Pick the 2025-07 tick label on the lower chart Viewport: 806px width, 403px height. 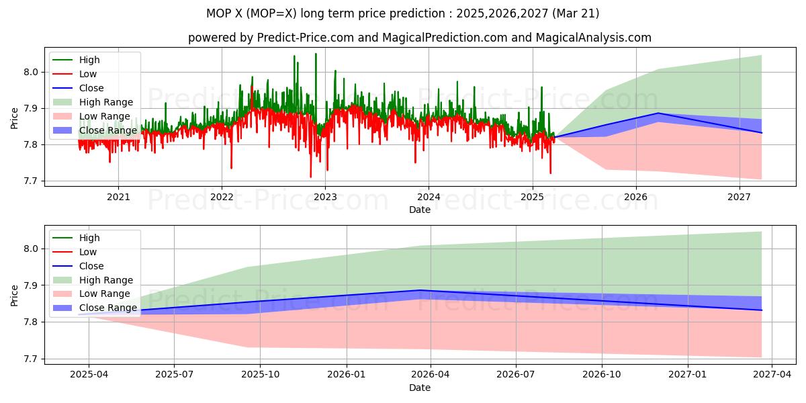coord(174,375)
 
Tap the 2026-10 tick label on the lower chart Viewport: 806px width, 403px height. coord(602,375)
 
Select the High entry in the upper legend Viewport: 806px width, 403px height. coord(89,60)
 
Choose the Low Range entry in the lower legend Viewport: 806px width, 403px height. coord(105,294)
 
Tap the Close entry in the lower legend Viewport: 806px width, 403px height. coord(91,266)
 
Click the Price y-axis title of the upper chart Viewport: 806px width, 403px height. coord(15,118)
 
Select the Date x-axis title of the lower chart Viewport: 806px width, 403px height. coord(420,388)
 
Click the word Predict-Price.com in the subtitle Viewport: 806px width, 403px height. coord(306,38)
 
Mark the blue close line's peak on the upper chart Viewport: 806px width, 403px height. coord(658,113)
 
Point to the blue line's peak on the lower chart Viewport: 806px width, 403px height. coord(420,290)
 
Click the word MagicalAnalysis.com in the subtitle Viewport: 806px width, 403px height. coord(593,38)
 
